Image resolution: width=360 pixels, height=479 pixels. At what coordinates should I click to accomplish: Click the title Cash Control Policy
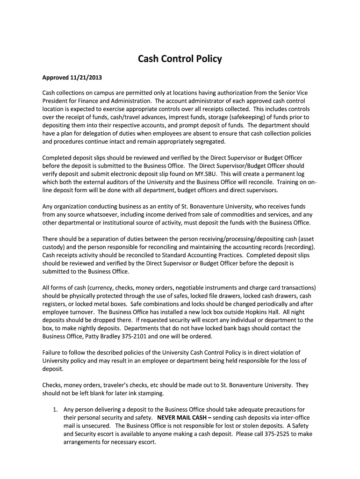click(180, 59)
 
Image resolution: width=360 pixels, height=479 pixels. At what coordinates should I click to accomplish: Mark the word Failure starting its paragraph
click(53, 352)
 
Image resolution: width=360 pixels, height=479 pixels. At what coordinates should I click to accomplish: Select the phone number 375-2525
click(281, 434)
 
